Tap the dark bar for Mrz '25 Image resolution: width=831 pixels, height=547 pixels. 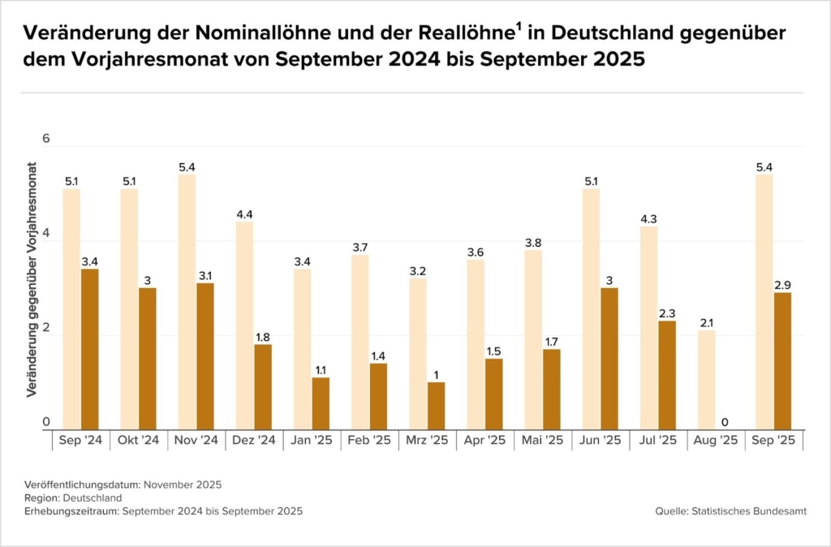(436, 405)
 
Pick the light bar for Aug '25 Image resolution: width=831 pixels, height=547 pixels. (706, 380)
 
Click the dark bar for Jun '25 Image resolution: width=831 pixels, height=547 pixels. (609, 358)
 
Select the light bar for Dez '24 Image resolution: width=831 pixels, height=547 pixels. (244, 325)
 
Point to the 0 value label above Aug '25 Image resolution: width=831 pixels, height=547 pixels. (725, 422)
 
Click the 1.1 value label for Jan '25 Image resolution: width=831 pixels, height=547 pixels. (321, 370)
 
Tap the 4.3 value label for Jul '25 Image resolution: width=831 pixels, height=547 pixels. (648, 219)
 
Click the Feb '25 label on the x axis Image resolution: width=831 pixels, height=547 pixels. (369, 441)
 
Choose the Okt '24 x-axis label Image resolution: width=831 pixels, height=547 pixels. (139, 441)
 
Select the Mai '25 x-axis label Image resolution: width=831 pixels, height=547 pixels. (542, 441)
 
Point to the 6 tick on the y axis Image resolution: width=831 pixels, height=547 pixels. (46, 139)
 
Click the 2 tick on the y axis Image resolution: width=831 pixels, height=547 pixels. (46, 328)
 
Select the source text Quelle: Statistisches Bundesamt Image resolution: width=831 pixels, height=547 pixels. (731, 510)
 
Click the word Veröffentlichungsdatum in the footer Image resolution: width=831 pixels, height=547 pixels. (82, 485)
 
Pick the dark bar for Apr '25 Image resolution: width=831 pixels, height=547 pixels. (493, 394)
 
